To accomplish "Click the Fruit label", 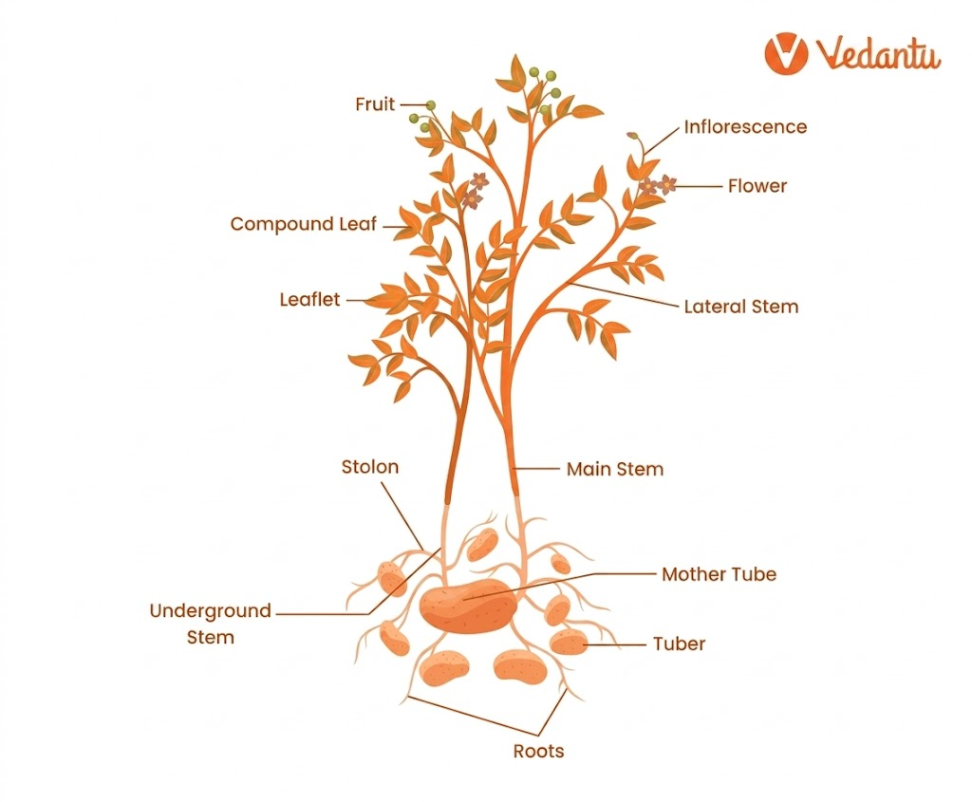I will (x=375, y=104).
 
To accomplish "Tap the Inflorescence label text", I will (x=745, y=127).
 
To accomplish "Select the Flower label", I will (x=757, y=186).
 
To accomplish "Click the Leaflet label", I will (x=309, y=300).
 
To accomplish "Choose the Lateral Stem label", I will (x=741, y=307).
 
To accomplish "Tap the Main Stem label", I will (x=615, y=469).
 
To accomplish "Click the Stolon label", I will (x=370, y=467).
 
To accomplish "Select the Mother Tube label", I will (x=719, y=574).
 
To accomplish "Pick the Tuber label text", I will (x=679, y=644).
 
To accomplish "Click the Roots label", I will (x=538, y=752).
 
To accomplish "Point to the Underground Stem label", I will (x=210, y=624).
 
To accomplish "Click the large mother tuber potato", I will (x=471, y=606).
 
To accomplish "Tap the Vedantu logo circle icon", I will (x=786, y=53).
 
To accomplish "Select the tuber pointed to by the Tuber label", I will (x=569, y=642).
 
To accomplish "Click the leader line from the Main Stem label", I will (x=538, y=469).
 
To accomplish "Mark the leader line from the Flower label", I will (x=699, y=186).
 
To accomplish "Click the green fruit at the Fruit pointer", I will (x=431, y=105).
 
